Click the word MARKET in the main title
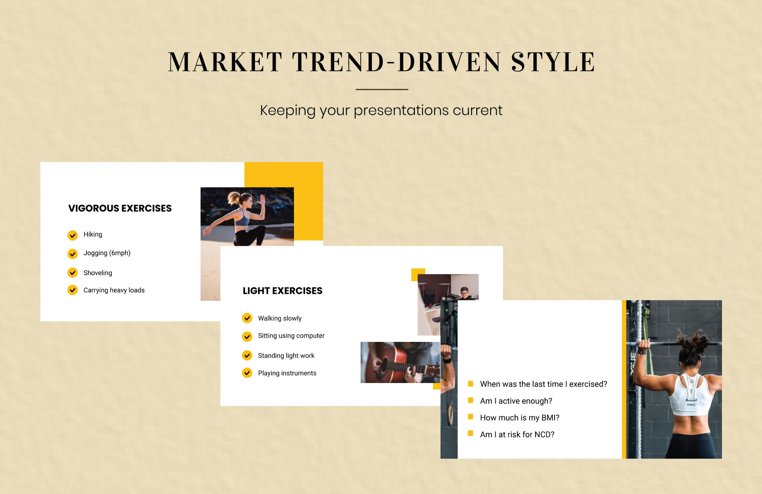(x=225, y=62)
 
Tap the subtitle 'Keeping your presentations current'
(x=381, y=110)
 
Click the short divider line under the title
(x=382, y=89)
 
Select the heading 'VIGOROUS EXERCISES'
(x=120, y=208)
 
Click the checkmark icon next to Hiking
(x=73, y=235)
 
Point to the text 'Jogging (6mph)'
(x=107, y=253)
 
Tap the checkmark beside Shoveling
(x=73, y=273)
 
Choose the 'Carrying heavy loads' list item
(x=114, y=290)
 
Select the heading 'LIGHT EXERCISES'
(x=283, y=291)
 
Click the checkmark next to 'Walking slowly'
(x=247, y=318)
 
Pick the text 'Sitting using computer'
(x=291, y=336)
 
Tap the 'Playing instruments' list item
(x=287, y=373)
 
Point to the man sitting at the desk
(x=464, y=293)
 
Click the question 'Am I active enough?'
(x=516, y=401)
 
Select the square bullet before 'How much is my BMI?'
(x=471, y=417)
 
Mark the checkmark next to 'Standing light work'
(x=247, y=355)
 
